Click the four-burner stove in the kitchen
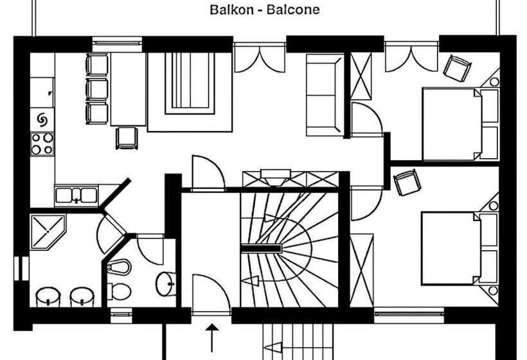(42, 143)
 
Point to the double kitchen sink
(76, 194)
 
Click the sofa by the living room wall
(324, 94)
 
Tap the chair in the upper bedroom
(457, 67)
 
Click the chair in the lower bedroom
(407, 182)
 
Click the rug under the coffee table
(189, 92)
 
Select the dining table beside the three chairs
(127, 88)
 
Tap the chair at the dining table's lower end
(127, 137)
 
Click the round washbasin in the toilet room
(166, 282)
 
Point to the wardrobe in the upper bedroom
(361, 76)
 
